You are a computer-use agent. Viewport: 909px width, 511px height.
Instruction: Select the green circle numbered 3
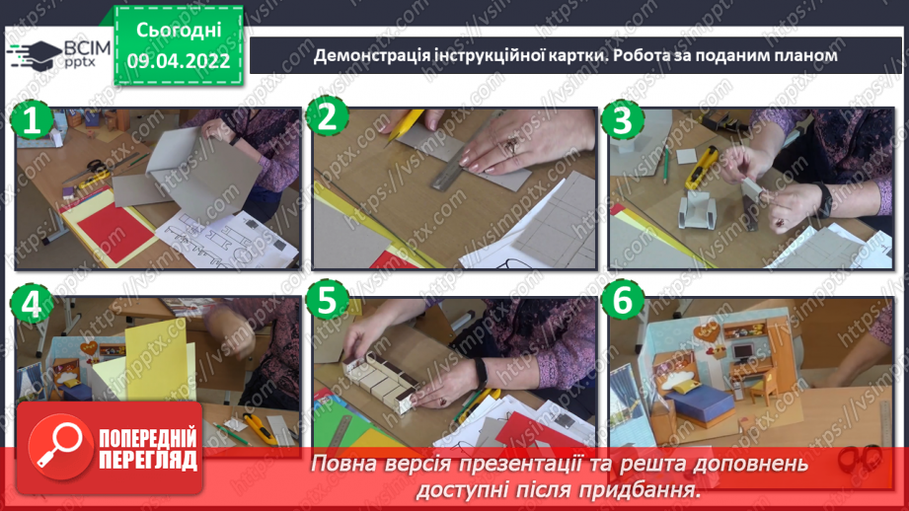[x=621, y=120]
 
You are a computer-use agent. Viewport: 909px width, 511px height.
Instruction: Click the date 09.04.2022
[x=178, y=61]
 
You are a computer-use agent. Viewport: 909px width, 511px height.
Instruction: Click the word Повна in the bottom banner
[x=344, y=464]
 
